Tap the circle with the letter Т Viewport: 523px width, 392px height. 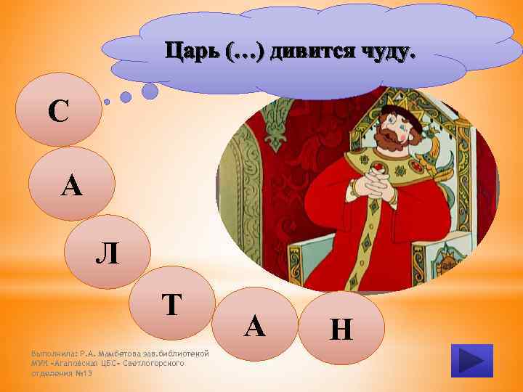171,305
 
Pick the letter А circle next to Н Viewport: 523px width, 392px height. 254,327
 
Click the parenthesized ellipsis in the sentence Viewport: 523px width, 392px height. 245,52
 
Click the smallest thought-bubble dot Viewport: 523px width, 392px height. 107,102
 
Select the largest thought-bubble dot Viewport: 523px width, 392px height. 150,90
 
